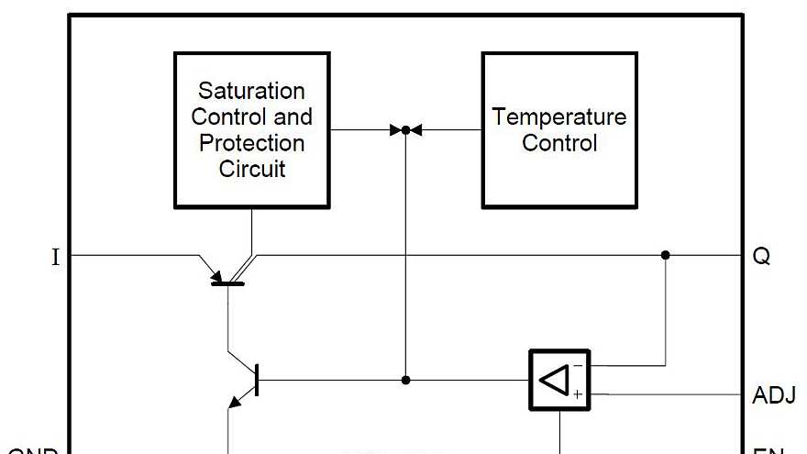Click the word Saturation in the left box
point(251,91)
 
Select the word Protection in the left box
point(251,143)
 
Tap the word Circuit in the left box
point(251,169)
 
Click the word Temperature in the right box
point(559,117)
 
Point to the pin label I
point(55,257)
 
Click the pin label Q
point(761,257)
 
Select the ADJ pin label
point(773,396)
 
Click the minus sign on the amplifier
point(578,365)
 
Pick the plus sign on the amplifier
point(578,394)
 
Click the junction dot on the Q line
point(666,255)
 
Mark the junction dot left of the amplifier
point(405,380)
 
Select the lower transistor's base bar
point(257,380)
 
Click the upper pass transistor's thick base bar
point(227,283)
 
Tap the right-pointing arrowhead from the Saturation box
point(396,130)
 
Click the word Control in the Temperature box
point(559,143)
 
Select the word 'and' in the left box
point(295,117)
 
